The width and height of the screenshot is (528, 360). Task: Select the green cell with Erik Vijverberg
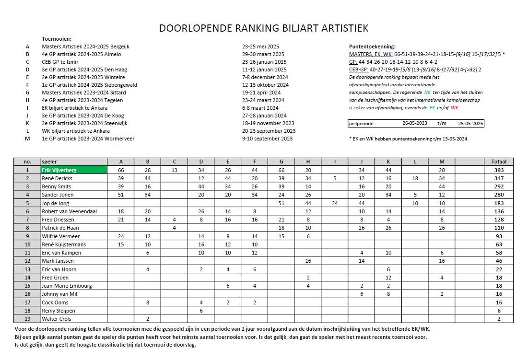[x=73, y=170]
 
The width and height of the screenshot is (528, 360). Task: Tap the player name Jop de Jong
[x=57, y=203]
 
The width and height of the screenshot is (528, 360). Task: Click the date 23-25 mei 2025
[x=260, y=46]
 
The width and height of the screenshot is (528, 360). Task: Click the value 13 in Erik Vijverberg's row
[x=174, y=170]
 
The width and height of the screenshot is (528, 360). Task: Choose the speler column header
[x=49, y=162]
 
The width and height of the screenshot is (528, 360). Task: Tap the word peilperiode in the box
[x=362, y=123]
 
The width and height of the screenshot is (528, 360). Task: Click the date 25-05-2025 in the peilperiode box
[x=470, y=123]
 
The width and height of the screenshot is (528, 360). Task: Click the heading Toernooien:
[x=57, y=39]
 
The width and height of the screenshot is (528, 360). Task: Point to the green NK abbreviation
[x=434, y=92]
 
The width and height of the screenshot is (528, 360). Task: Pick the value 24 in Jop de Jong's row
[x=334, y=203]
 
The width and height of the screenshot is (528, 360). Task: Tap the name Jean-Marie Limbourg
[x=67, y=286]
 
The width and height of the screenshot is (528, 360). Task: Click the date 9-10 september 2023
[x=267, y=139]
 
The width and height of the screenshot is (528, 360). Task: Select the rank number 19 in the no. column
[x=27, y=319]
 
